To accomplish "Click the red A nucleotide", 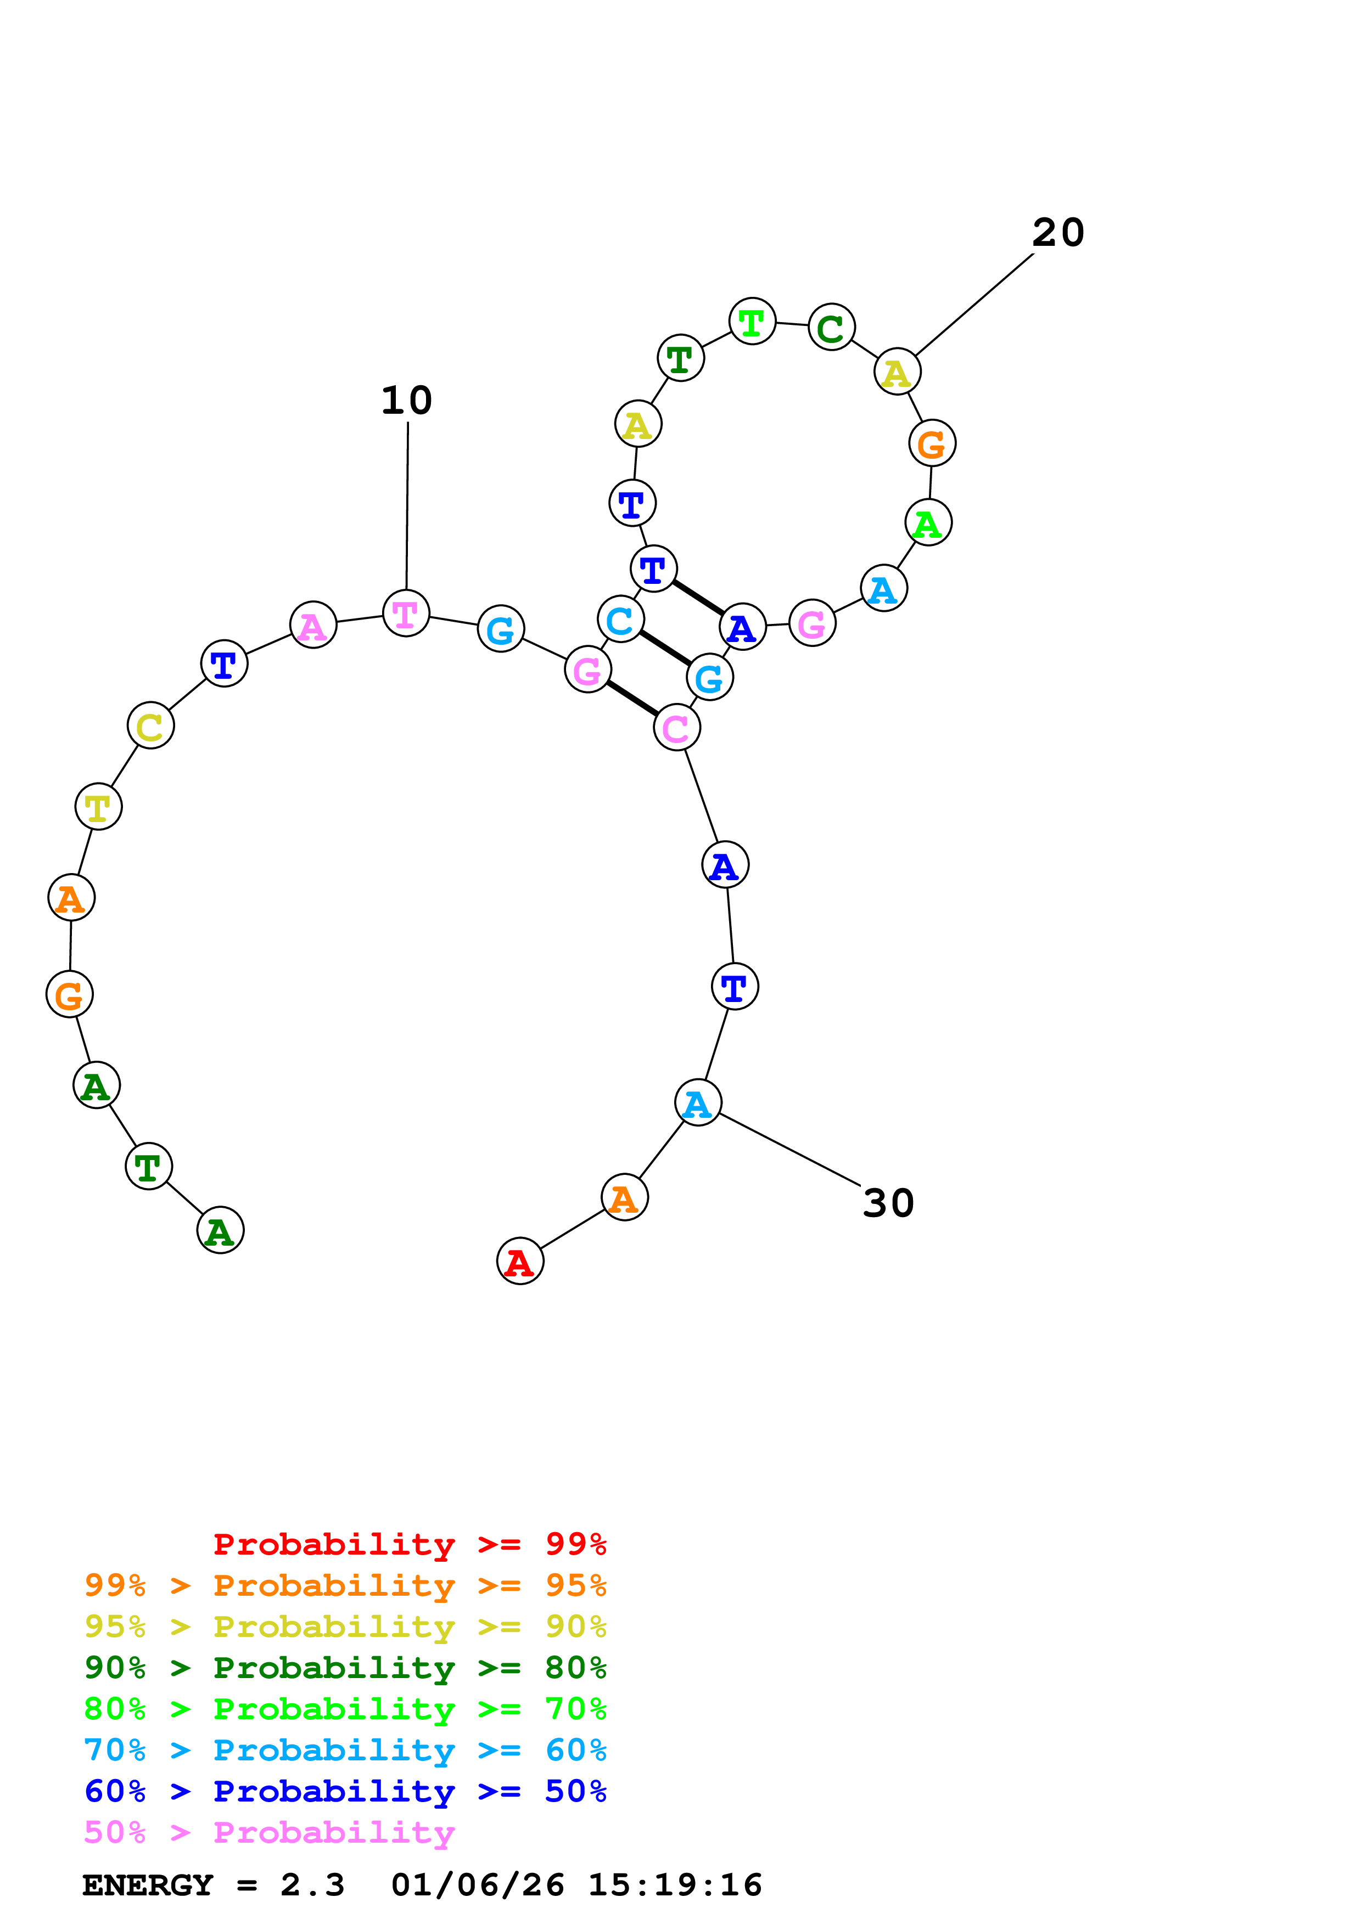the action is [x=520, y=1261].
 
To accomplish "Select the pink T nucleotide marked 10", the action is [x=406, y=613].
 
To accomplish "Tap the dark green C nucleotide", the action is [x=831, y=327].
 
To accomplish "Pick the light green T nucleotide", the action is [x=752, y=321].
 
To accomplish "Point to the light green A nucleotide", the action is [x=928, y=522].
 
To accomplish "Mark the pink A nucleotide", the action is [x=313, y=624].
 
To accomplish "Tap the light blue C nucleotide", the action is [x=620, y=620].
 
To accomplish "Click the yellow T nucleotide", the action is [x=98, y=807].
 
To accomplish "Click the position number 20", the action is [x=1058, y=233].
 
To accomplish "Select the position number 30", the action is [x=888, y=1203].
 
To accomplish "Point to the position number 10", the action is [x=407, y=401].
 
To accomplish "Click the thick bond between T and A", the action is [x=698, y=598].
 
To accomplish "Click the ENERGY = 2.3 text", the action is [x=213, y=1885].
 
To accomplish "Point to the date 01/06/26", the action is [x=478, y=1885].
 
